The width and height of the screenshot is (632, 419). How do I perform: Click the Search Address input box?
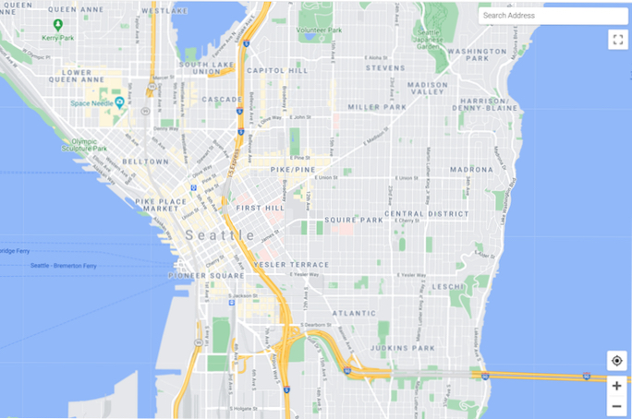pyautogui.click(x=552, y=15)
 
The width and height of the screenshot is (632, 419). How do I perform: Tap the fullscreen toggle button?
pyautogui.click(x=617, y=40)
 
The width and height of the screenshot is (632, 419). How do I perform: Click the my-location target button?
pyautogui.click(x=616, y=361)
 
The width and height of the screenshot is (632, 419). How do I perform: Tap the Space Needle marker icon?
pyautogui.click(x=120, y=102)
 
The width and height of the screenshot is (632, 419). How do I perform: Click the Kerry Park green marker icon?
pyautogui.click(x=58, y=25)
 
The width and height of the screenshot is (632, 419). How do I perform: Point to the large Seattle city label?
pyautogui.click(x=220, y=235)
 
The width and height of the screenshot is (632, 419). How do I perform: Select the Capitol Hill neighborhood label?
pyautogui.click(x=277, y=70)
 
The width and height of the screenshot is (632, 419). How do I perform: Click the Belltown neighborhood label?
pyautogui.click(x=146, y=162)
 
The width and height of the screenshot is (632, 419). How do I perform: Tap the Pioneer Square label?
pyautogui.click(x=206, y=275)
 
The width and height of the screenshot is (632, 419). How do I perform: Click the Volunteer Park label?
pyautogui.click(x=320, y=30)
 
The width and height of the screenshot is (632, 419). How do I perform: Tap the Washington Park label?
pyautogui.click(x=476, y=54)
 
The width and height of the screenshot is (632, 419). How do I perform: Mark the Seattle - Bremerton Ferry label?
pyautogui.click(x=63, y=266)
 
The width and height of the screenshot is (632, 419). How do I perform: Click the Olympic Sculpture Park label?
pyautogui.click(x=85, y=145)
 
